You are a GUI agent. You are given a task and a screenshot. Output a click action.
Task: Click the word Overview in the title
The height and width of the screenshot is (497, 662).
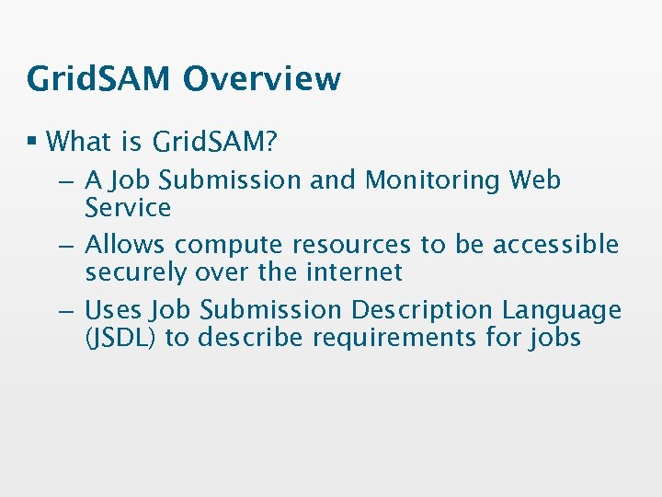(261, 79)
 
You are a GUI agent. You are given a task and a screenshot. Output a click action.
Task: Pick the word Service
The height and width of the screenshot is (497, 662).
(128, 208)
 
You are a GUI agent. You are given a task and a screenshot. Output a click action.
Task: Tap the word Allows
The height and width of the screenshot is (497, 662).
(126, 245)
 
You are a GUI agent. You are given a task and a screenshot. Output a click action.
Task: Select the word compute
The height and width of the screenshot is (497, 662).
(229, 246)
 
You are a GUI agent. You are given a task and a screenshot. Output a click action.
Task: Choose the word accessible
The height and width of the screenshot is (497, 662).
(555, 245)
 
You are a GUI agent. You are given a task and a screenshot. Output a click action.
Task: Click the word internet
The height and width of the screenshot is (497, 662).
(354, 272)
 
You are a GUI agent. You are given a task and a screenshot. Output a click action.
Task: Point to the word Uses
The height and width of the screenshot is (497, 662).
(115, 310)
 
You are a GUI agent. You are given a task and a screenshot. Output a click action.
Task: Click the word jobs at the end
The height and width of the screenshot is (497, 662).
(555, 339)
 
